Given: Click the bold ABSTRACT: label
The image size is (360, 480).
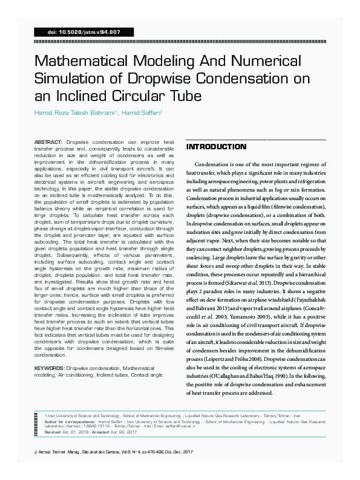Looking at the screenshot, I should click(49, 141).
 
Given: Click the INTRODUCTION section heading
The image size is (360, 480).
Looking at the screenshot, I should click(216, 147).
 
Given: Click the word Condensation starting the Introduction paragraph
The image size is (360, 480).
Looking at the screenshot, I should click(214, 164).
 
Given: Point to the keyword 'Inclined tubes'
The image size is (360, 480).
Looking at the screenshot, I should click(96, 375).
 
